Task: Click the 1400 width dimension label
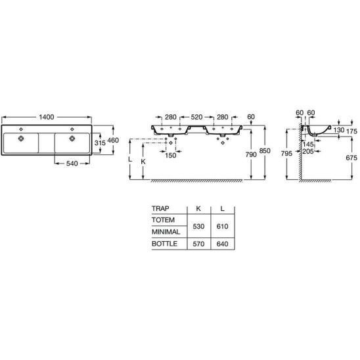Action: (47, 117)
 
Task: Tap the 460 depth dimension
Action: (113, 140)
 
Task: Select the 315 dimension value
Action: (100, 143)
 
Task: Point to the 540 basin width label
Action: (72, 164)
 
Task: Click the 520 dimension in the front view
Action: (197, 117)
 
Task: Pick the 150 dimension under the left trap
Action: (170, 156)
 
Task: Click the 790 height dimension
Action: (251, 154)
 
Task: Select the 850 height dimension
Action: (265, 151)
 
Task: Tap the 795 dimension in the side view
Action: (286, 153)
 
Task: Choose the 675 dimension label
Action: (351, 158)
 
